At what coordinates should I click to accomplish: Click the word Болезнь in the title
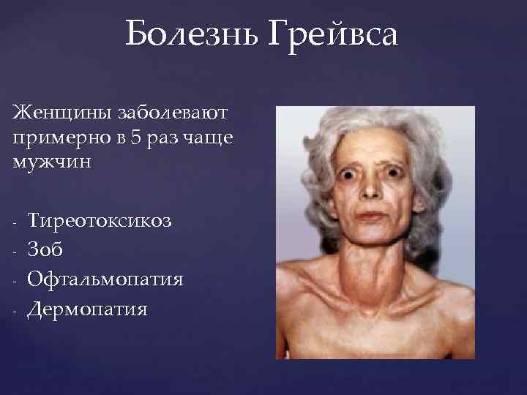[x=195, y=34]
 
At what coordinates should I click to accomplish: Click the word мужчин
[x=51, y=161]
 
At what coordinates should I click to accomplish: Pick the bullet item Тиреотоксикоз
[x=100, y=220]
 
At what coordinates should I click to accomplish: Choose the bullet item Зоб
[x=45, y=249]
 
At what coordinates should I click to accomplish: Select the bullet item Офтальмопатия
[x=105, y=279]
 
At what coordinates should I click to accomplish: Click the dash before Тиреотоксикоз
[x=15, y=221]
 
